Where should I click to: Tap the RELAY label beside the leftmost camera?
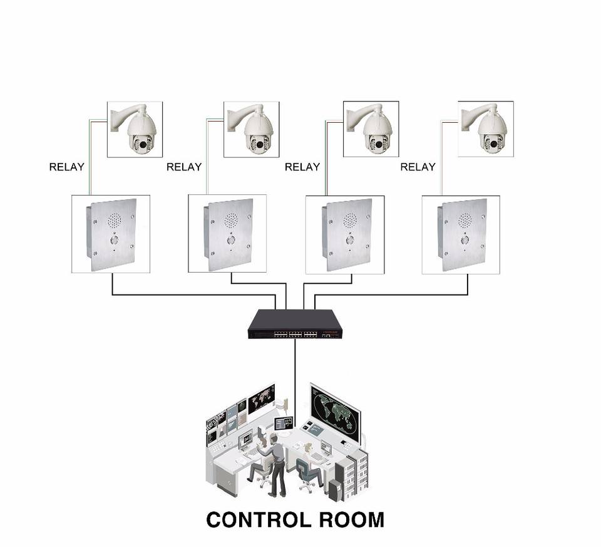click(67, 167)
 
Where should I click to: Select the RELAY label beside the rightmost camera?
click(418, 167)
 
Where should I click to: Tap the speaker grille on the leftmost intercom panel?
click(114, 220)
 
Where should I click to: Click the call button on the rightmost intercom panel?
click(465, 239)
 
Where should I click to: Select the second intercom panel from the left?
click(227, 233)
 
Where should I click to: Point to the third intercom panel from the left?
click(345, 233)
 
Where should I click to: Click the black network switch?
click(295, 325)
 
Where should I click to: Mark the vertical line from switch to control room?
click(295, 376)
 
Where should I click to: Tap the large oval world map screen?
click(334, 410)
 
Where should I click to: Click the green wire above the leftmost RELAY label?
click(89, 138)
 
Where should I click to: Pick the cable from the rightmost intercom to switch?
click(401, 294)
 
